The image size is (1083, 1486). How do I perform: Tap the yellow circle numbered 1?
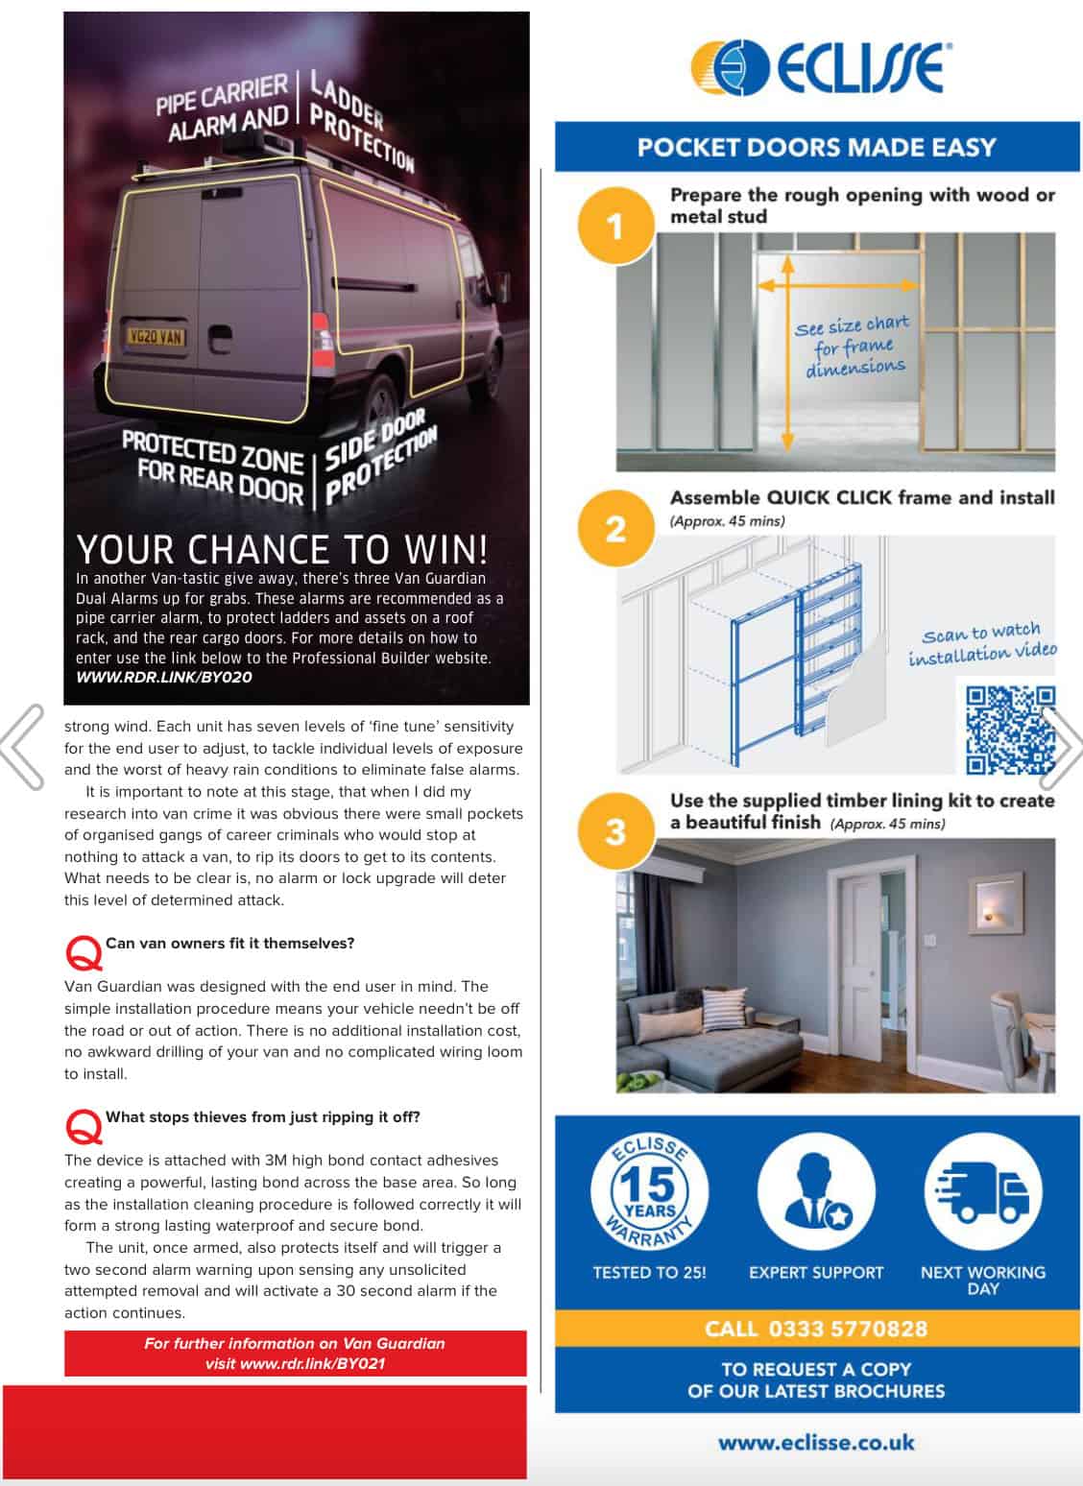(614, 228)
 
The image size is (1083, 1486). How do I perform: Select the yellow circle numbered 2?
(614, 530)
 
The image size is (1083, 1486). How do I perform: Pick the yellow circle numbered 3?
(614, 832)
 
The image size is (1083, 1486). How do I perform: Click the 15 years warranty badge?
(650, 1192)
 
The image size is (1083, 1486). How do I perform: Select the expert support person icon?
(815, 1192)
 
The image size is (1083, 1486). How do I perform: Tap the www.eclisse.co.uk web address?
(816, 1442)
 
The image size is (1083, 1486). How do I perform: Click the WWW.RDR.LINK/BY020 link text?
(164, 677)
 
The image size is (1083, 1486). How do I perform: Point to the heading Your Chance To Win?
(282, 549)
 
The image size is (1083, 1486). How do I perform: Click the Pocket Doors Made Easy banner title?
(816, 147)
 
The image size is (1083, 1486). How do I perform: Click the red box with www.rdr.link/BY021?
(296, 1353)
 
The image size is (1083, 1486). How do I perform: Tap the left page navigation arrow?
(23, 747)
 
